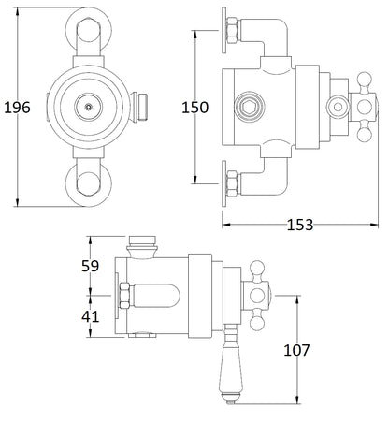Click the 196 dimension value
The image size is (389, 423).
click(x=16, y=108)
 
